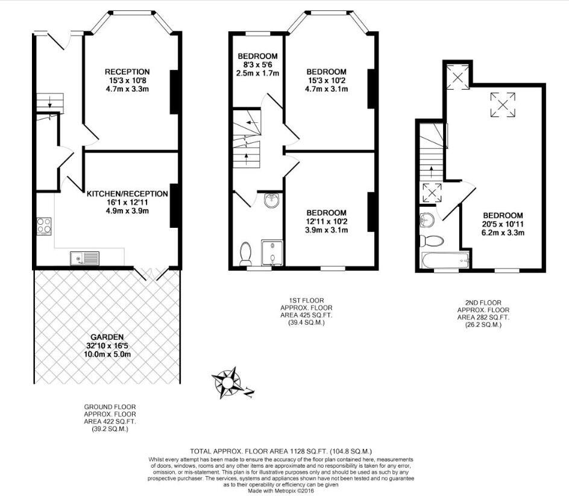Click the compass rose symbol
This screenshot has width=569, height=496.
227,382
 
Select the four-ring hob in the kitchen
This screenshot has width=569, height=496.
44,226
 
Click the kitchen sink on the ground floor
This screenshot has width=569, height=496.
84,259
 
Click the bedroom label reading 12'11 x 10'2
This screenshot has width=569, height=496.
326,221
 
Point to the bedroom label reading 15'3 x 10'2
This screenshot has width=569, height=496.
326,80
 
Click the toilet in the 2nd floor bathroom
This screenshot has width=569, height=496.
430,241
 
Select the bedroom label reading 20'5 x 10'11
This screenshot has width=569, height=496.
503,224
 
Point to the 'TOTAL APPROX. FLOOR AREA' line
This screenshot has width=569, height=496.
281,451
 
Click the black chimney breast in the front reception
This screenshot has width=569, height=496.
174,92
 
